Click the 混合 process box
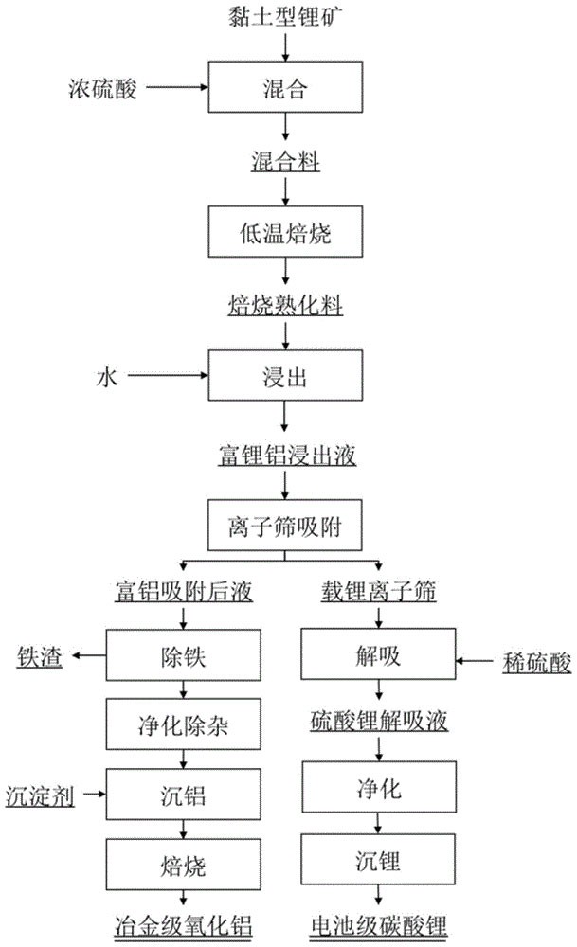[x=285, y=89]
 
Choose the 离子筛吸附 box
[x=285, y=524]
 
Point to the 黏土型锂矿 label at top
[x=284, y=17]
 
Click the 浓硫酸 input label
[x=101, y=88]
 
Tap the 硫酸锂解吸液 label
[x=379, y=722]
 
